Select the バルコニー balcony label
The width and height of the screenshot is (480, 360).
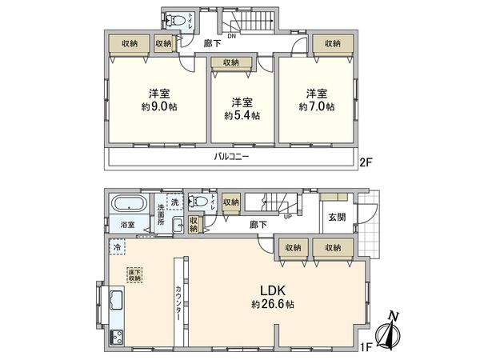tap(230, 157)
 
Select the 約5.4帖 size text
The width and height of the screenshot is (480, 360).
tap(238, 114)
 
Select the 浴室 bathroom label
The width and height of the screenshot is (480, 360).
tap(128, 225)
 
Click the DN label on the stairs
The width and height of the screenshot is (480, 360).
tap(232, 36)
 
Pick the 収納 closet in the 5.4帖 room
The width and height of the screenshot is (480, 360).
tap(231, 62)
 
